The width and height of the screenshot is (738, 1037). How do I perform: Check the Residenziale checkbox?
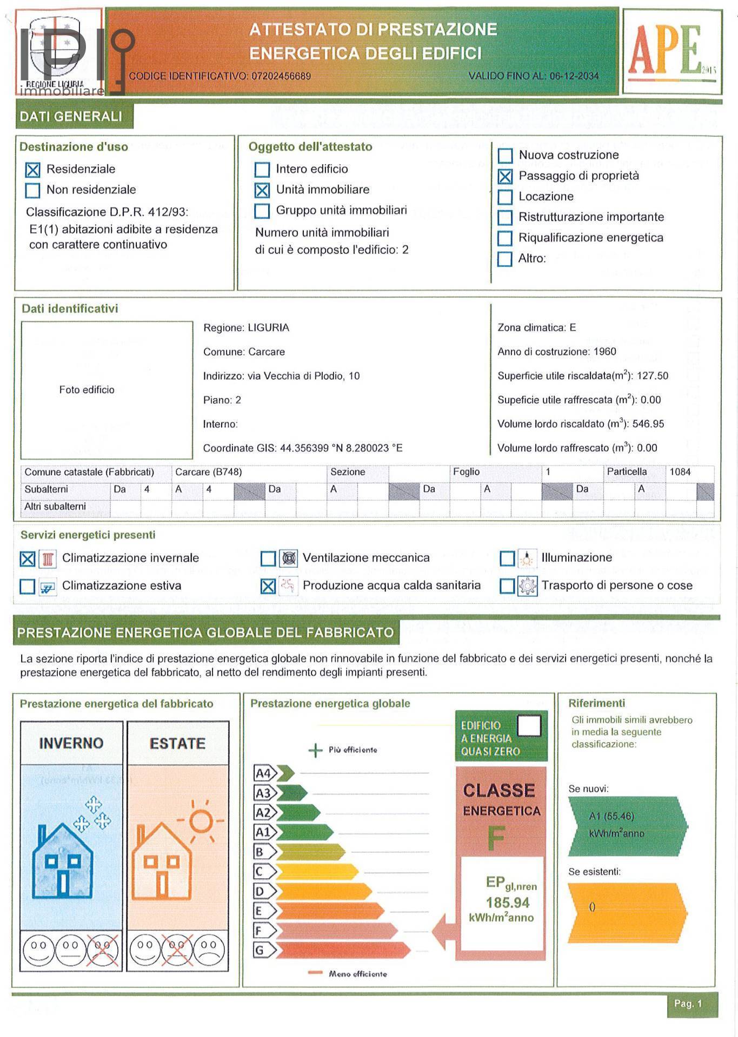point(33,170)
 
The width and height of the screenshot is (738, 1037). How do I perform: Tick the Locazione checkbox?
point(505,197)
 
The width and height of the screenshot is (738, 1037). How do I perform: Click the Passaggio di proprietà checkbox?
point(505,176)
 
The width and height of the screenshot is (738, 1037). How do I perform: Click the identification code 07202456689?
point(281,76)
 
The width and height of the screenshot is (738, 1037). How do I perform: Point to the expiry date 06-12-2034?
point(574,76)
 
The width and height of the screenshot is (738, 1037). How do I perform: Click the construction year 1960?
point(604,352)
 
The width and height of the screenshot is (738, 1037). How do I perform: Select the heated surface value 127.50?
point(652,376)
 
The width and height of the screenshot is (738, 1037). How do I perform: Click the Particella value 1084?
point(680,472)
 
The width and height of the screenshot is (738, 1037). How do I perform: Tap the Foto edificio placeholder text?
point(87,390)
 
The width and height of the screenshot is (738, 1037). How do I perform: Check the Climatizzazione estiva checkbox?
point(28,587)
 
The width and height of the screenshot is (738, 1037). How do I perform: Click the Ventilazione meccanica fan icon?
point(289,558)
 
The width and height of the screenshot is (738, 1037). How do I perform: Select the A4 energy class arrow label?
point(264,773)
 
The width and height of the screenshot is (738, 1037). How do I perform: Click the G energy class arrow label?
point(260,950)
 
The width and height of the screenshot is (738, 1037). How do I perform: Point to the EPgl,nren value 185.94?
point(507,903)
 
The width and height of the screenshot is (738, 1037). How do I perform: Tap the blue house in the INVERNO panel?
point(63,861)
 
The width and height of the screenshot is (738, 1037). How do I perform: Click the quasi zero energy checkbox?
point(529,725)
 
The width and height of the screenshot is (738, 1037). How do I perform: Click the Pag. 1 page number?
point(688,1004)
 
